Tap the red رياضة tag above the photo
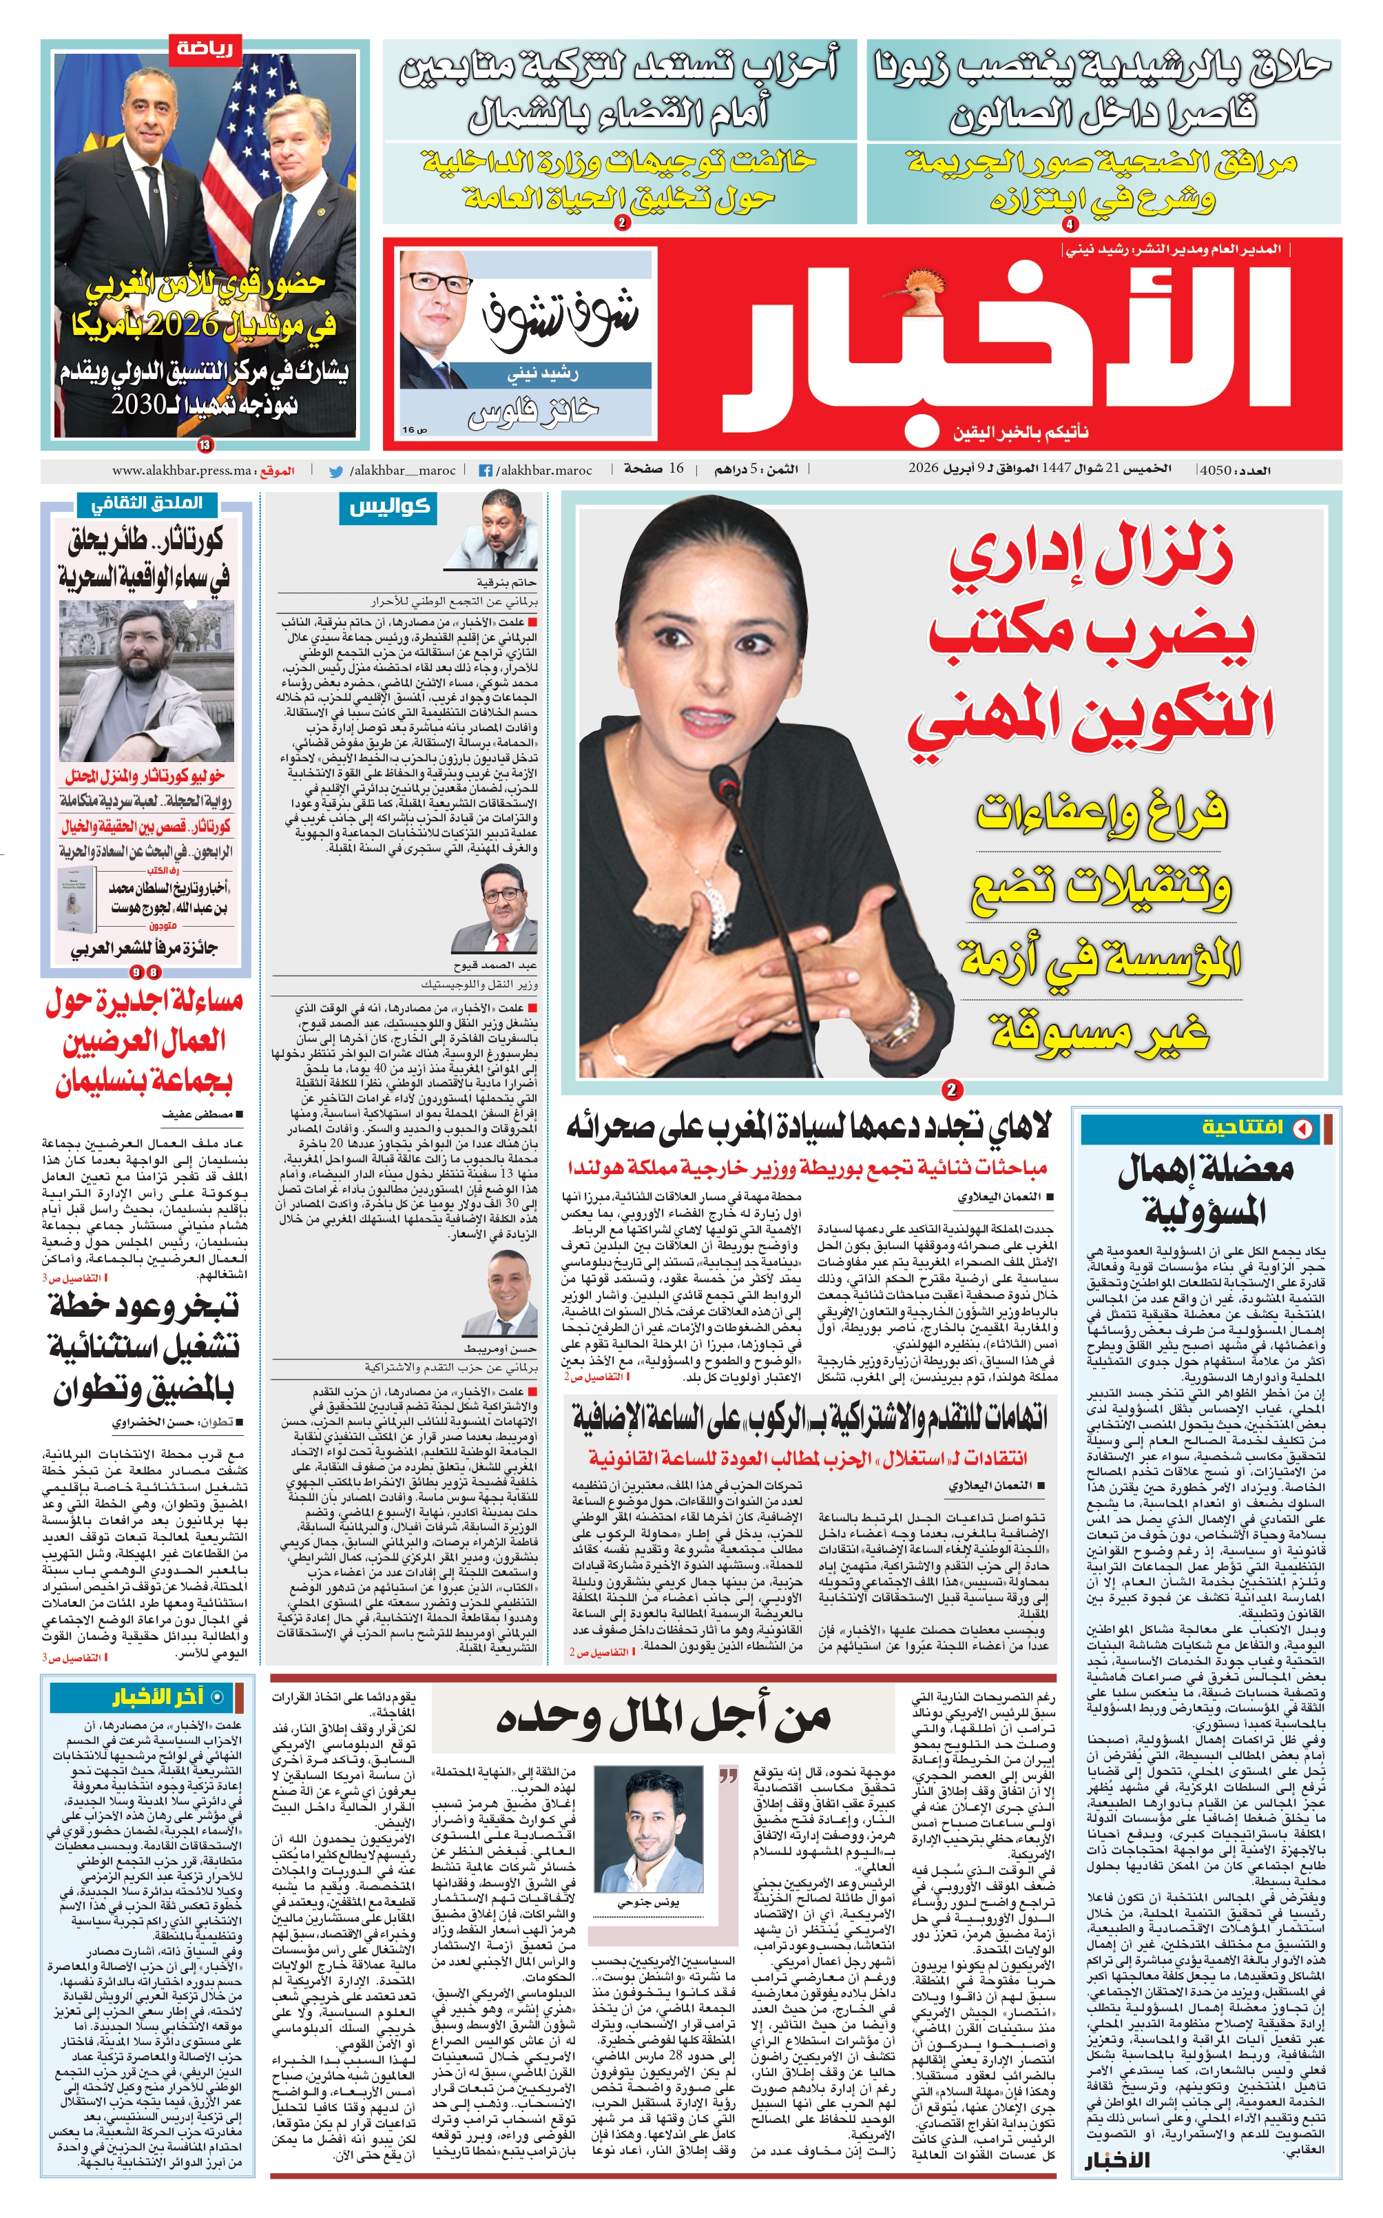[x=204, y=48]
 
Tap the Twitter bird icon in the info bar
[x=337, y=471]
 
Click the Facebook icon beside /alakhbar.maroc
[x=486, y=471]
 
